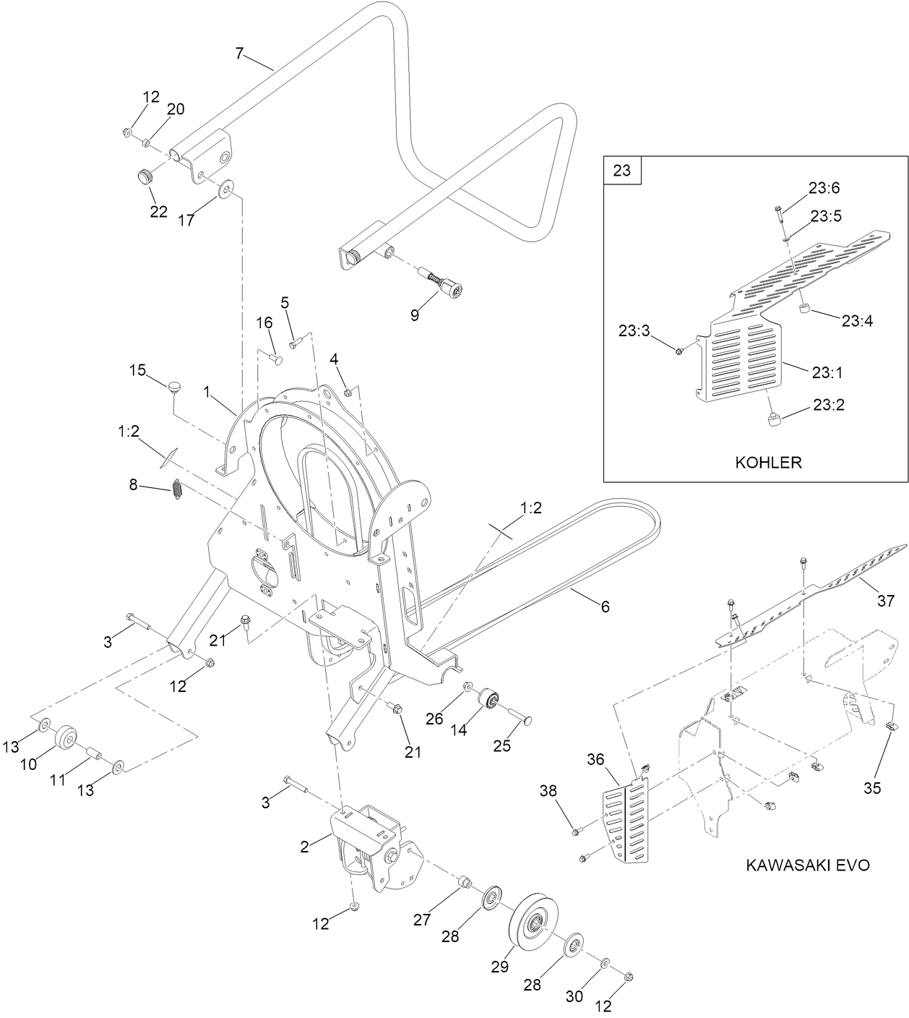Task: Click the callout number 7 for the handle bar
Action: [x=240, y=53]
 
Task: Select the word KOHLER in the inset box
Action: [x=768, y=462]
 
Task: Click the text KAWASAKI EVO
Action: [x=807, y=865]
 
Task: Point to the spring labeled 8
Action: [x=177, y=489]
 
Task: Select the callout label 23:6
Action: [x=824, y=188]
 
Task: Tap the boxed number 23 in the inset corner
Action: [x=622, y=171]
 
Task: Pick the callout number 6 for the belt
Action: [x=605, y=607]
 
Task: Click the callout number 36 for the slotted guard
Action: [x=595, y=760]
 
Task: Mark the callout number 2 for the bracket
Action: [x=305, y=847]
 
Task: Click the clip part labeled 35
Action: [x=892, y=727]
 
